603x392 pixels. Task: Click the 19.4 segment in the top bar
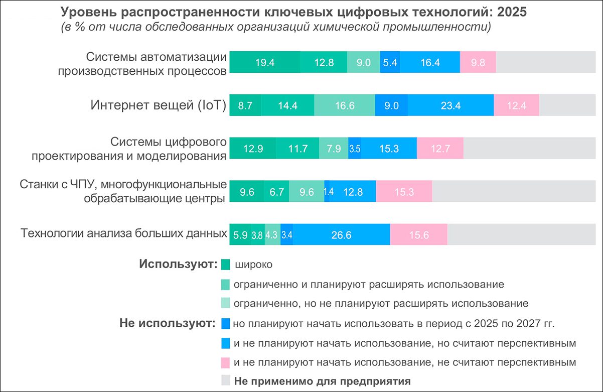tap(264, 63)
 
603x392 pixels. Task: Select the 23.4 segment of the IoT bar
tap(450, 105)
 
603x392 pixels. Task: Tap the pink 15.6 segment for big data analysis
tap(418, 235)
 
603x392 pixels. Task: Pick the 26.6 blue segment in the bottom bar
tap(341, 235)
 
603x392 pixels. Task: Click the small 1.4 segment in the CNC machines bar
tap(328, 192)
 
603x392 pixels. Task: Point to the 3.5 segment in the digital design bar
tap(355, 149)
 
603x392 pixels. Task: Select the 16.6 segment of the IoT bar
tap(344, 105)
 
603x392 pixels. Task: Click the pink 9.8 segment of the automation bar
tap(478, 63)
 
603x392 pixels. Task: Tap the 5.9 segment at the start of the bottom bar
tap(240, 235)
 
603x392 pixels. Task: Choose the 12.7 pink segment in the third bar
tap(440, 149)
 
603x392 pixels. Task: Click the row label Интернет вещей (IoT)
tap(158, 105)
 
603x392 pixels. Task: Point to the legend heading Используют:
tap(178, 264)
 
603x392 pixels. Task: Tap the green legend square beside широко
tap(225, 265)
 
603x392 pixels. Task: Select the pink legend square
tap(225, 362)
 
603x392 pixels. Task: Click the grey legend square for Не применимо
tap(225, 380)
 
